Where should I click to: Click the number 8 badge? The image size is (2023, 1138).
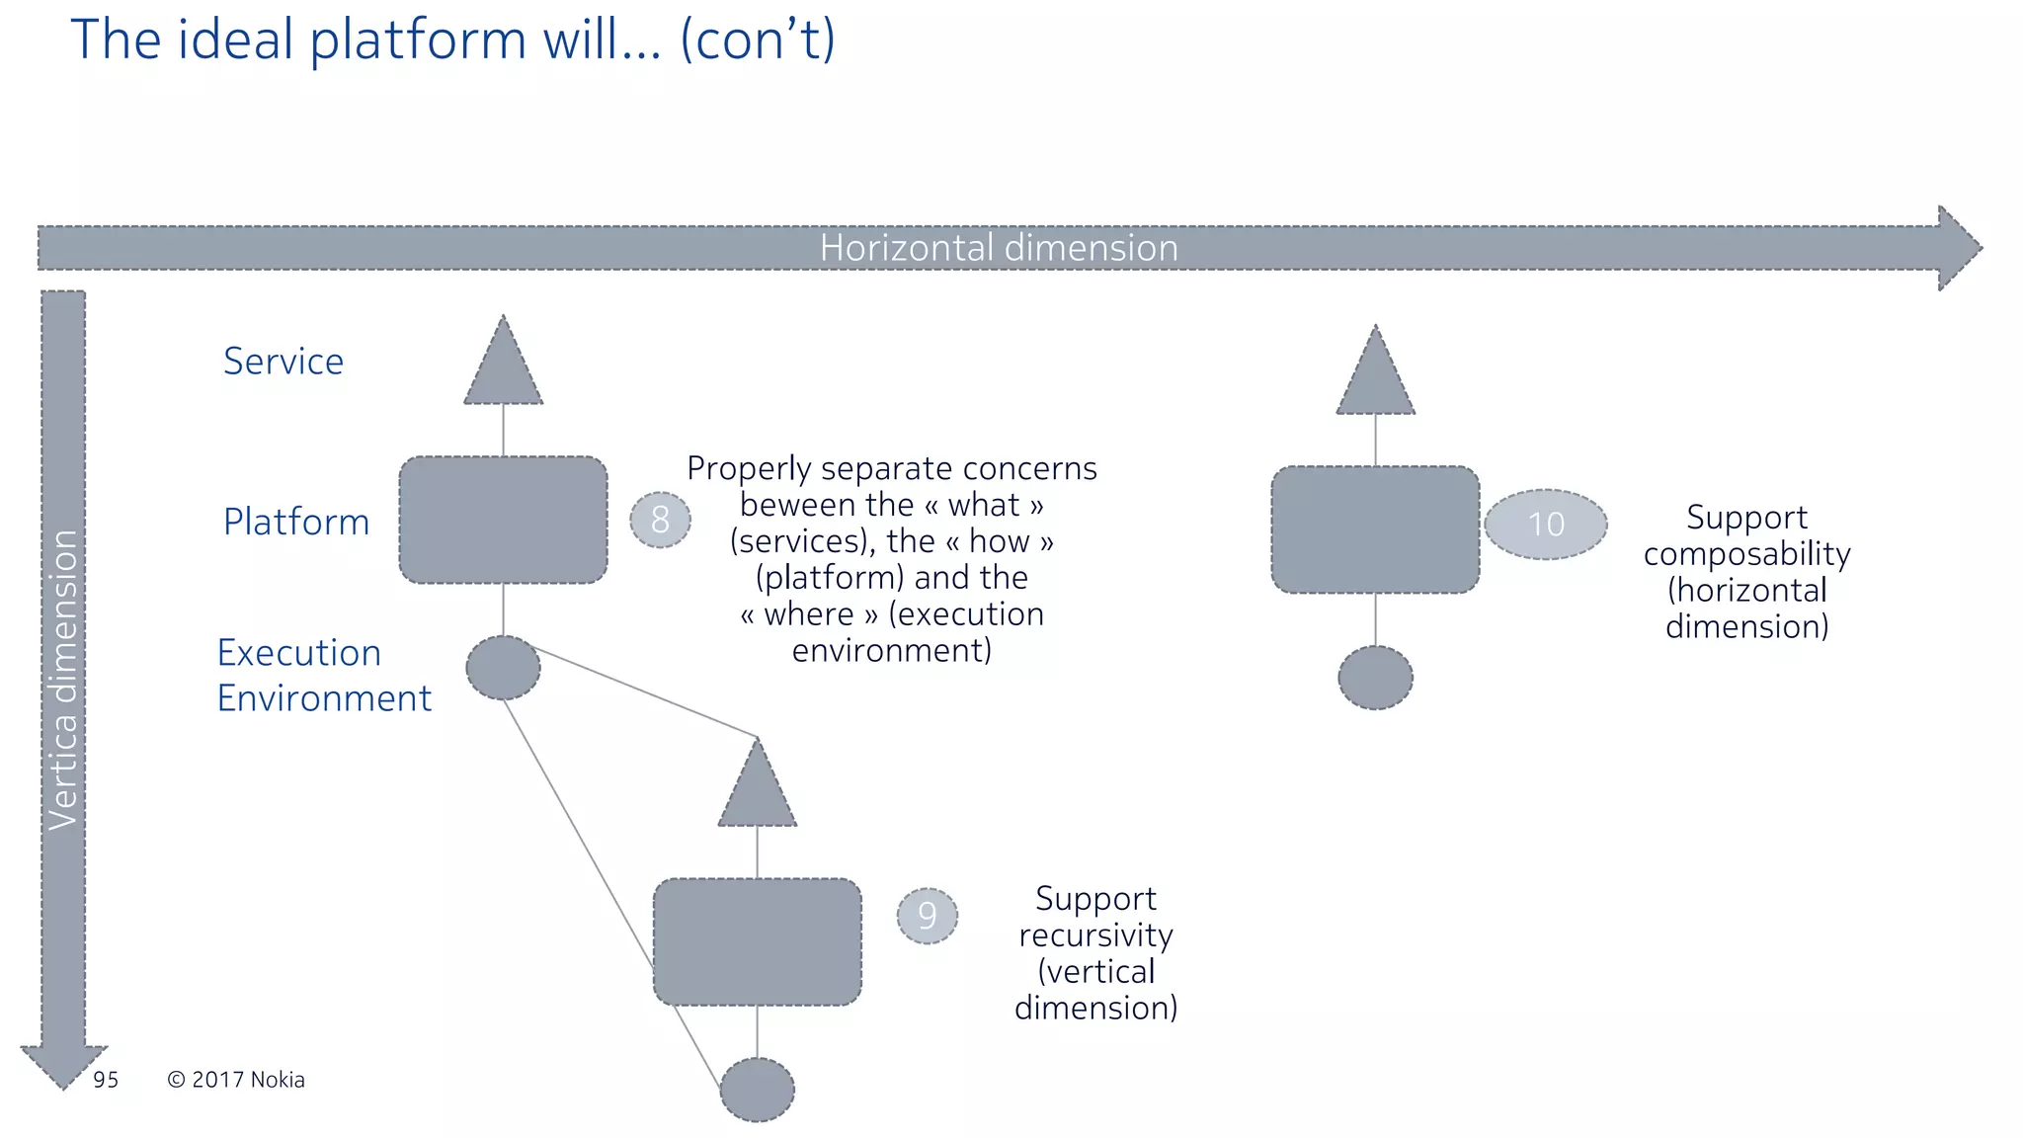point(660,520)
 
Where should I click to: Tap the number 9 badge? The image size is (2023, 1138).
point(927,916)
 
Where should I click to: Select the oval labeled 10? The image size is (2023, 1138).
point(1546,525)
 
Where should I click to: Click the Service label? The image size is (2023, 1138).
point(283,362)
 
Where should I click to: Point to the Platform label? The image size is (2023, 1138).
point(296,522)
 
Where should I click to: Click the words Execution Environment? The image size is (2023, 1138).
point(323,676)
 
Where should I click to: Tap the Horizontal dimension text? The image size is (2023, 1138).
point(999,248)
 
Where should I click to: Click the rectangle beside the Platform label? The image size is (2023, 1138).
point(504,520)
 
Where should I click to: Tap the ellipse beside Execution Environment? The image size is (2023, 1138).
point(504,669)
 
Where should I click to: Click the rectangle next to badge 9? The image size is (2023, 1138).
point(758,941)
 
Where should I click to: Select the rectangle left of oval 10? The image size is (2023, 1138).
point(1375,529)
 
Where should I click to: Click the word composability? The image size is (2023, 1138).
point(1746,554)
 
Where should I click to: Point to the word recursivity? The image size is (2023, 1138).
point(1095,935)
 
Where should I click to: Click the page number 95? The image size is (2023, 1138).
point(106,1080)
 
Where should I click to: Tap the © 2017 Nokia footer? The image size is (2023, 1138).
point(236,1080)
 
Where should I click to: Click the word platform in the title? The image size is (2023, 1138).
point(418,41)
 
